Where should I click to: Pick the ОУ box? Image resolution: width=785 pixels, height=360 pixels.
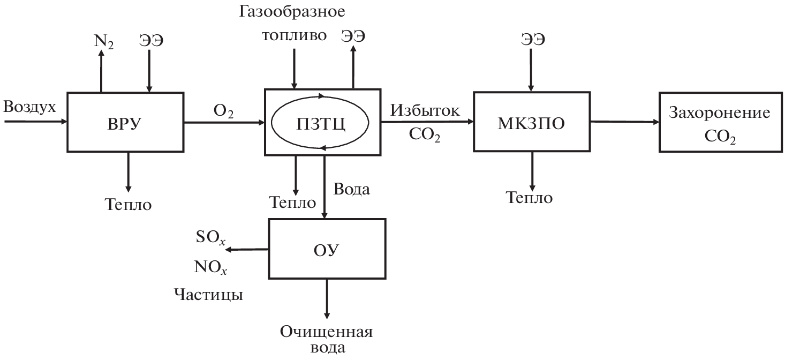[x=326, y=250]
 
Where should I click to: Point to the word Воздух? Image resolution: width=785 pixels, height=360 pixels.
[x=30, y=107]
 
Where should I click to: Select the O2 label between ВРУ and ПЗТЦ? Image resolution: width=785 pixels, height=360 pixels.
[x=223, y=111]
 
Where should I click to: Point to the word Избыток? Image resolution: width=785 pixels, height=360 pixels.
[x=425, y=111]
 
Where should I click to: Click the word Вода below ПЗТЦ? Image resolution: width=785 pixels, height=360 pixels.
[x=351, y=189]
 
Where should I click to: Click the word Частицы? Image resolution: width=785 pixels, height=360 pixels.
[x=208, y=295]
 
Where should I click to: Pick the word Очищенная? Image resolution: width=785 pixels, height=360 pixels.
[x=326, y=332]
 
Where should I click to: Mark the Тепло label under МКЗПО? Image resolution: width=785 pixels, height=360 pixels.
[x=530, y=198]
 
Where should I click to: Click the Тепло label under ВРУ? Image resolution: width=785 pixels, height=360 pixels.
[x=128, y=204]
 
